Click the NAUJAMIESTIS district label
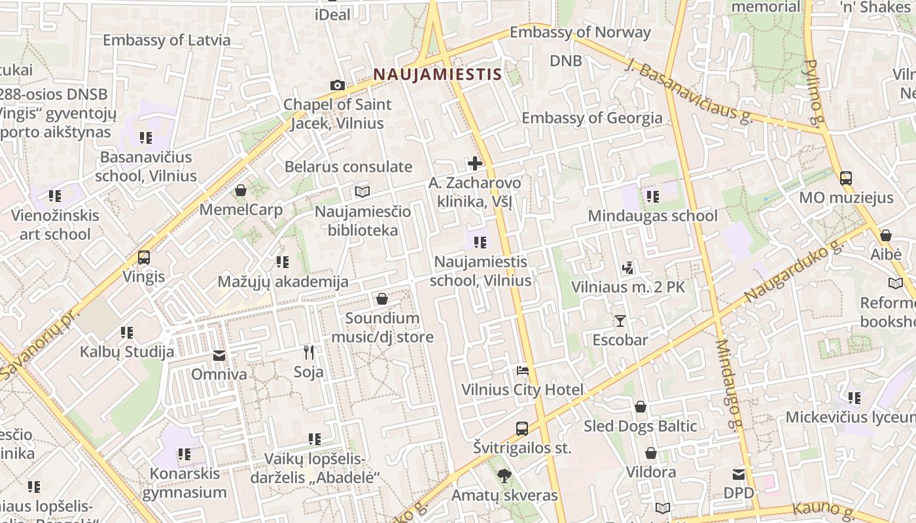point(437,75)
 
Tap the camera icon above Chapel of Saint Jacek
point(338,85)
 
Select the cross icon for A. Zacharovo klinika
point(475,163)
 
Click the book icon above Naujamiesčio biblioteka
point(362,192)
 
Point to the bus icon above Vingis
point(144,257)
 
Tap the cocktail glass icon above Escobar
point(620,320)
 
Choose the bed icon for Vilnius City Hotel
point(522,371)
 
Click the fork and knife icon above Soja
point(309,352)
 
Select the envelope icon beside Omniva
point(219,356)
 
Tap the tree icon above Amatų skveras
point(504,475)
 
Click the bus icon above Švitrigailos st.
point(521,429)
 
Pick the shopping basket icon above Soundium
point(382,299)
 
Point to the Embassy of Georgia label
point(591,118)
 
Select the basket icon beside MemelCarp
point(241,190)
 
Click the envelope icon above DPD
point(739,474)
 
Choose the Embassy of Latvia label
point(166,40)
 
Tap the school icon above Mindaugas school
point(652,196)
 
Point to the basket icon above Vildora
point(651,453)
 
